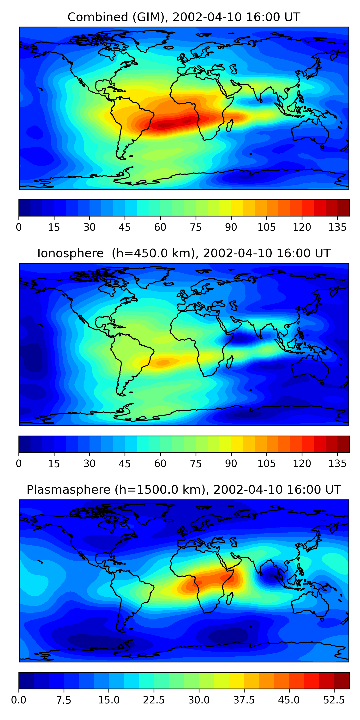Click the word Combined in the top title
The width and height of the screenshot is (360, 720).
(x=97, y=17)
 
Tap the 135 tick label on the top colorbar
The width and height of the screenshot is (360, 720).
(x=337, y=227)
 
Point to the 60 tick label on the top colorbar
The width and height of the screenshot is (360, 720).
(x=160, y=227)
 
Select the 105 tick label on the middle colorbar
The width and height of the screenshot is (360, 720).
(x=266, y=463)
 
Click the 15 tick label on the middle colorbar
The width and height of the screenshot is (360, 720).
(x=54, y=463)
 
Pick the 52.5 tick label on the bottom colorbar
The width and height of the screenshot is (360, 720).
(x=334, y=700)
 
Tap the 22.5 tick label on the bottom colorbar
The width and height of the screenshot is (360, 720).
(x=154, y=700)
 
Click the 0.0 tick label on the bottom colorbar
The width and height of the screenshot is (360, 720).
(x=19, y=700)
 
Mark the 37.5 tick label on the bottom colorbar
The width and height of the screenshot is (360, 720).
(x=244, y=700)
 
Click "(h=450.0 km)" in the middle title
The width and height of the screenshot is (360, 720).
(x=153, y=253)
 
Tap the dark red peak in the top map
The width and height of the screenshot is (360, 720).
(x=165, y=125)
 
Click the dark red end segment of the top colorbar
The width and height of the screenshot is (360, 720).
(x=343, y=208)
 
